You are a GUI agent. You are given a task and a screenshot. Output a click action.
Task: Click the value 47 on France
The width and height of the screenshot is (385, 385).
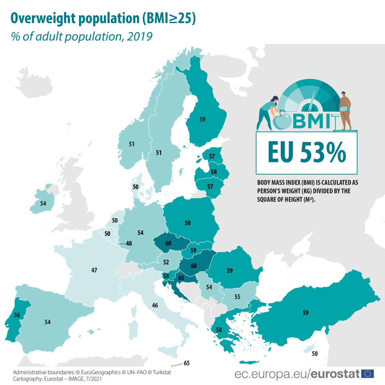(x=94, y=270)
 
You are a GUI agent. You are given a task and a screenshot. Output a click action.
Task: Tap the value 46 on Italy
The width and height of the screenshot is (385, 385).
(x=155, y=305)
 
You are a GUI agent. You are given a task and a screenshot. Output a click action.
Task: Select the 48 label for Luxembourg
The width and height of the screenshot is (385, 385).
(x=129, y=244)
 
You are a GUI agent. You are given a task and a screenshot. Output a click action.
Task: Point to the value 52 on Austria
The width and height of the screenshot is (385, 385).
(x=166, y=262)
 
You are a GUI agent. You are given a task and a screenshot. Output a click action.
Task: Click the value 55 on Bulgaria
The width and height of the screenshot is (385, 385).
(x=237, y=297)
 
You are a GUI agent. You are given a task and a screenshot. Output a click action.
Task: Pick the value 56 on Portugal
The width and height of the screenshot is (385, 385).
(x=17, y=315)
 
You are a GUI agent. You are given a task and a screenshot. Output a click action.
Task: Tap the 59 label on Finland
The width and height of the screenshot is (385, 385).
(x=202, y=120)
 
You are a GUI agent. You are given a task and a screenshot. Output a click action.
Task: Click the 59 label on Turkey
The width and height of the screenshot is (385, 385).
(x=305, y=313)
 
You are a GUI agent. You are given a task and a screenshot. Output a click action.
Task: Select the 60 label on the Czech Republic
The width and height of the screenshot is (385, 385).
(x=168, y=244)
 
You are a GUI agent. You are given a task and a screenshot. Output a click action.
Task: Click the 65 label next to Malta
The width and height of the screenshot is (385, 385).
(x=187, y=363)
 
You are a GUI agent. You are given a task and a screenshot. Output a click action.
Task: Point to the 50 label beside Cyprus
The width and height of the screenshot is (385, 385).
(x=315, y=354)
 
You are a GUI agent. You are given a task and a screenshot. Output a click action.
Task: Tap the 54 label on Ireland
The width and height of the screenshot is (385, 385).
(x=43, y=204)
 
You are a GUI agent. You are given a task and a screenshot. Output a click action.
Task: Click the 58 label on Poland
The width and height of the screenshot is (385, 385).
(x=188, y=223)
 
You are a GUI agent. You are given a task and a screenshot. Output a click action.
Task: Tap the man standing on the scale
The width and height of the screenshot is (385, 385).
(x=345, y=111)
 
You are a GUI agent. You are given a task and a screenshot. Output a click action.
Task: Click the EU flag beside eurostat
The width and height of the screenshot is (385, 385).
(x=367, y=374)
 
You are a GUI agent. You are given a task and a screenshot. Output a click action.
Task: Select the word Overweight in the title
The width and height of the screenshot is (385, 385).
(x=43, y=19)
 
